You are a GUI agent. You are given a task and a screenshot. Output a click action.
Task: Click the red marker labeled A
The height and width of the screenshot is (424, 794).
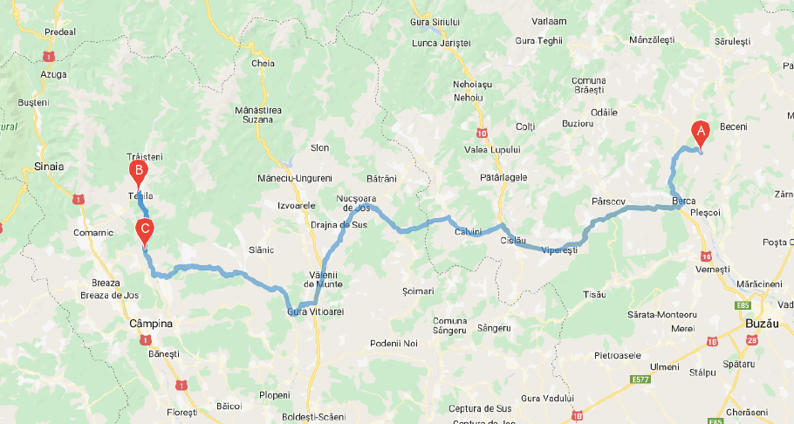click(700, 132)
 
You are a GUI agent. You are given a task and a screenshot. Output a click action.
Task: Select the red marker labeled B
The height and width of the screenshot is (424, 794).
click(137, 170)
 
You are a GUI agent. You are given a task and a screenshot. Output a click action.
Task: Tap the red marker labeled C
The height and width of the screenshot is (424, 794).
click(145, 231)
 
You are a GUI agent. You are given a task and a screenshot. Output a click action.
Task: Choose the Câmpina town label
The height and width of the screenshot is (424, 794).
click(150, 324)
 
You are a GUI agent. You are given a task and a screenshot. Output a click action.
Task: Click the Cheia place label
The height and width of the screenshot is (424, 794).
click(263, 64)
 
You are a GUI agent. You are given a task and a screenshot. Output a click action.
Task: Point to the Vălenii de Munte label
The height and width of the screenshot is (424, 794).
click(320, 280)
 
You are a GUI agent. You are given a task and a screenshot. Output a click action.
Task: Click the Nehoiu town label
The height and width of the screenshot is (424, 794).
click(468, 97)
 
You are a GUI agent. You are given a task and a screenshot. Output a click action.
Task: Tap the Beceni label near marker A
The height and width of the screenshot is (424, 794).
click(733, 127)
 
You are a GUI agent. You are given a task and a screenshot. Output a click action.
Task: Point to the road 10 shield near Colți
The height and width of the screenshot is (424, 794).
click(483, 133)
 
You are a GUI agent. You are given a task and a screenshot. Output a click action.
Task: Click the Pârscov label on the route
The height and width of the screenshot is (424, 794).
click(608, 201)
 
